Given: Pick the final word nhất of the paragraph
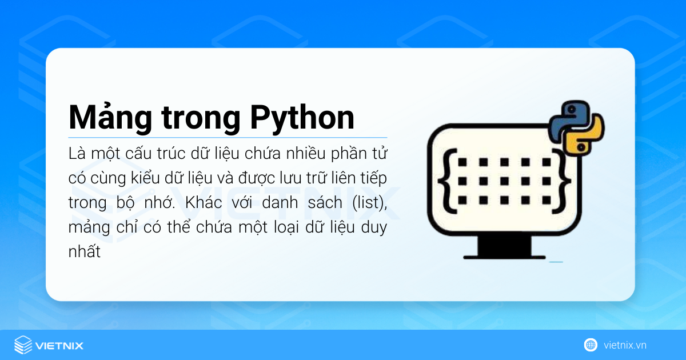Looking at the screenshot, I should pyautogui.click(x=84, y=252).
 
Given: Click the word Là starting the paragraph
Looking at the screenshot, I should pyautogui.click(x=75, y=154).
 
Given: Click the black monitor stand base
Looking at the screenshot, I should pyautogui.click(x=504, y=250).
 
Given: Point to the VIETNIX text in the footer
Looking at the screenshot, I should pyautogui.click(x=59, y=345).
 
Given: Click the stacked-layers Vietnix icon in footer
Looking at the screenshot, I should pyautogui.click(x=23, y=345).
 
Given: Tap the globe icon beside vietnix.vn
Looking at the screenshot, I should pyautogui.click(x=591, y=345).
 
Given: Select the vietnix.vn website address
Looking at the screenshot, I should pyautogui.click(x=625, y=345).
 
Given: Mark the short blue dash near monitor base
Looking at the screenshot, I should pyautogui.click(x=556, y=262).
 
